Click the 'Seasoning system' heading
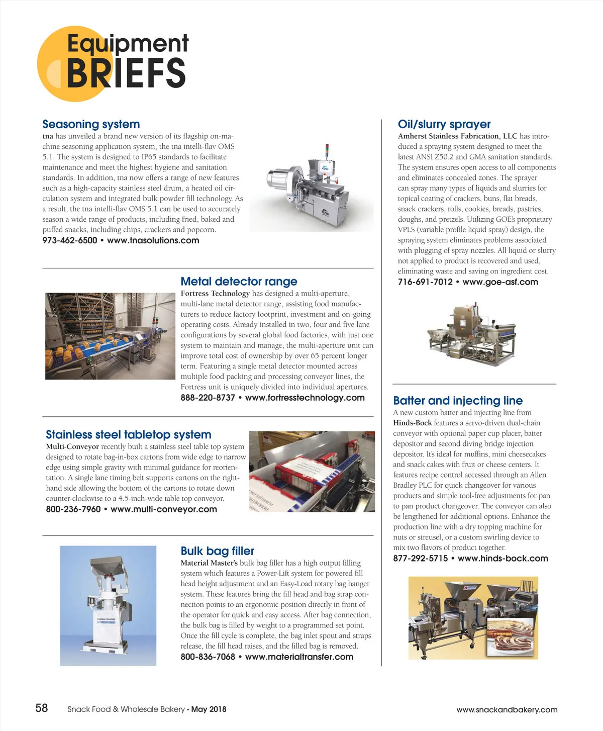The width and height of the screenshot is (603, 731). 91,124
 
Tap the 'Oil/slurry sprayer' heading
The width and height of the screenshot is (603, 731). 444,124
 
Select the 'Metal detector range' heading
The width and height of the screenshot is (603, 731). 239,282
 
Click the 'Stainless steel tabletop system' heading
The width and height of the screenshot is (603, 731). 128,435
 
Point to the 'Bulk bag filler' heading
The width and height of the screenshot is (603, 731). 217,551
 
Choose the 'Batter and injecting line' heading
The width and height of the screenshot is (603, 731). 458,401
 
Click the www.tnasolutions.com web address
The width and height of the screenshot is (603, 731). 153,240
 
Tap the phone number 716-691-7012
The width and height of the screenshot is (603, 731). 425,282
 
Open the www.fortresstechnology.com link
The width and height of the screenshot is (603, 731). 305,398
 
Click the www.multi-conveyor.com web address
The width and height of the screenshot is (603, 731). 164,509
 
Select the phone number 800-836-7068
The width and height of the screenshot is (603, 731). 208,657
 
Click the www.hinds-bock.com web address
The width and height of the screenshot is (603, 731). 502,559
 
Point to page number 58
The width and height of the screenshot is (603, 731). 42,708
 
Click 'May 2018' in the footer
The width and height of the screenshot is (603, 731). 209,709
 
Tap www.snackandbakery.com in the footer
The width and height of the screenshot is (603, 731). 507,710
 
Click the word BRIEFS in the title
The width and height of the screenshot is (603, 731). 126,73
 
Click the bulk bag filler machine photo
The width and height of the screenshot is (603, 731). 108,606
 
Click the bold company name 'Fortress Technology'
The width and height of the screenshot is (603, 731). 215,294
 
